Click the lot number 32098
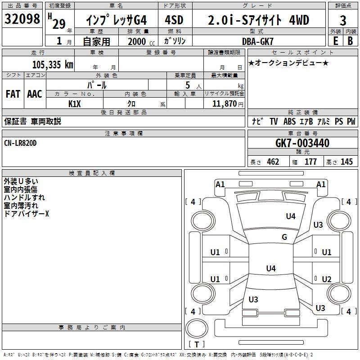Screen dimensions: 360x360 click(x=22, y=19)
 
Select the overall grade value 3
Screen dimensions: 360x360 click(x=343, y=20)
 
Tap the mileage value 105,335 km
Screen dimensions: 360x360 click(x=53, y=64)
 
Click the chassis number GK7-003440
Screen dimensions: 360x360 click(x=302, y=143)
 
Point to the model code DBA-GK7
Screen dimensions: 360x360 click(x=257, y=41)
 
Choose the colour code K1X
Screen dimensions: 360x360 click(x=75, y=104)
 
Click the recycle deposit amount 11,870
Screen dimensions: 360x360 click(x=225, y=104)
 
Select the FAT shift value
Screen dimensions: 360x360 click(x=13, y=94)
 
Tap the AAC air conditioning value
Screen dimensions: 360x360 click(x=35, y=94)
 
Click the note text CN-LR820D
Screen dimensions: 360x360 click(x=20, y=143)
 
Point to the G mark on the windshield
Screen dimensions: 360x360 click(x=284, y=237)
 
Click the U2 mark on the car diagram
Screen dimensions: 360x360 click(x=327, y=279)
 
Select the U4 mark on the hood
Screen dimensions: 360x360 click(x=291, y=216)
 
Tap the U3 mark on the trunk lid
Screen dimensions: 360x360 click(x=253, y=299)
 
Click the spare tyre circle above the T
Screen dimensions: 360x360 click(x=197, y=328)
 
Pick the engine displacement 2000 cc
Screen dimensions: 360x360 click(x=141, y=41)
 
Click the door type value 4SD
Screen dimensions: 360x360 click(x=174, y=20)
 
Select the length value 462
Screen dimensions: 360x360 click(x=273, y=162)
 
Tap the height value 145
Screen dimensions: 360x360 click(x=346, y=162)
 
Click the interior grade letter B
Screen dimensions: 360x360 click(x=350, y=41)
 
